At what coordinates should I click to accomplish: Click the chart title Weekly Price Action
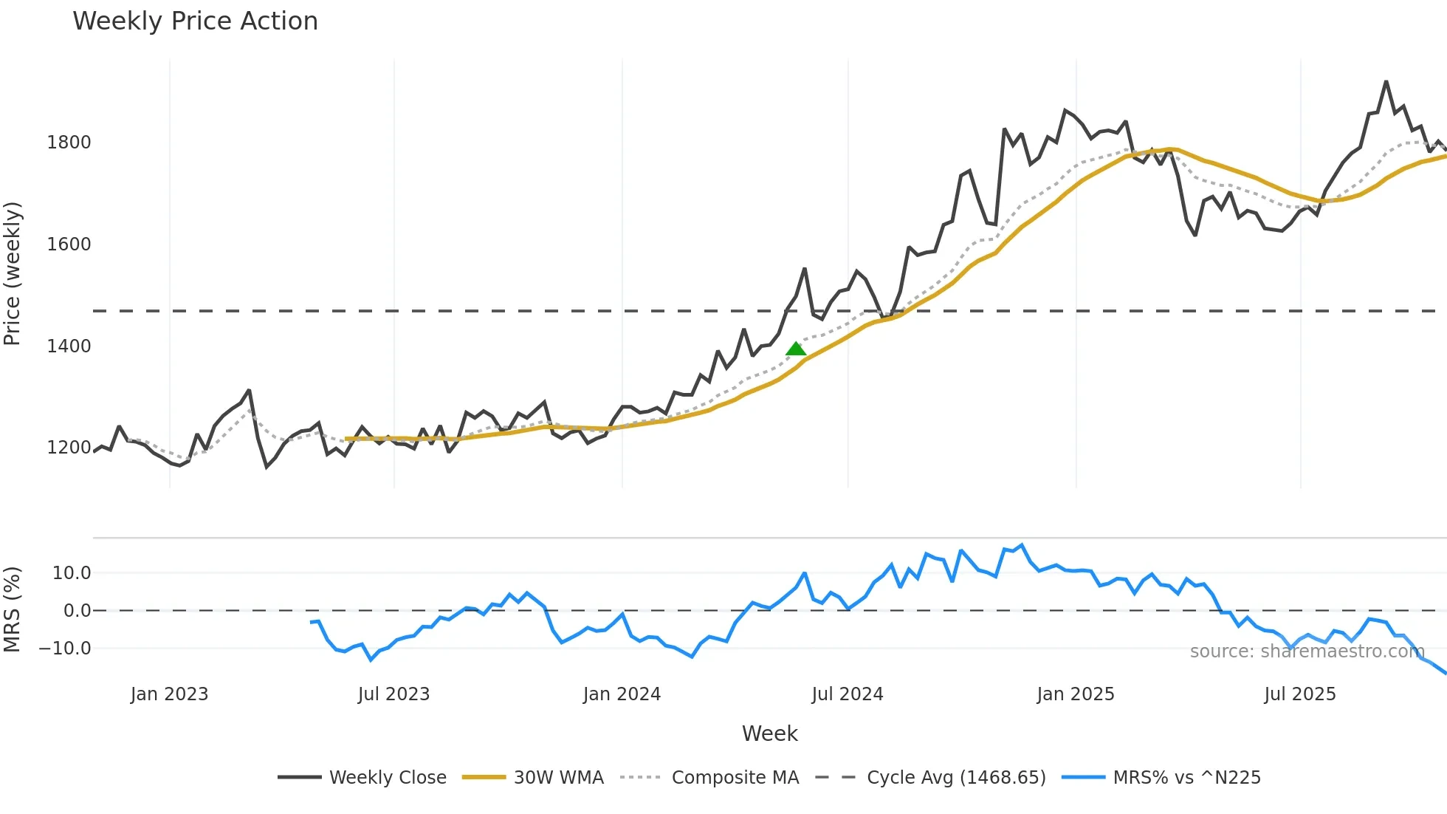(195, 21)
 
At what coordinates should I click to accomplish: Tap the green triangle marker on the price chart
(796, 349)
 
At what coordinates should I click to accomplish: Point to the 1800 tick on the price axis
(69, 142)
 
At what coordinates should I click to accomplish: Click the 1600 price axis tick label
(69, 244)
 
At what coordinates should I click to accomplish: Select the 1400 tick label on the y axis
(69, 346)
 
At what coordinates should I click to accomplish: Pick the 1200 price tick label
(69, 448)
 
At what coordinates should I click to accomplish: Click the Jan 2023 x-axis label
(169, 694)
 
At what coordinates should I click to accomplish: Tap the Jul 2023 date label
(393, 694)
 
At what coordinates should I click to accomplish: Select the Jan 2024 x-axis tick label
(622, 694)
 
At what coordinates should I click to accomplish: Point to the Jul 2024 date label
(848, 694)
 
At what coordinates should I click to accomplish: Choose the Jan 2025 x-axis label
(1076, 694)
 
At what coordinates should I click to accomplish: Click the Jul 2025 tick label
(1300, 694)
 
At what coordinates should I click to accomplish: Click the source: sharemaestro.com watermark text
(1307, 651)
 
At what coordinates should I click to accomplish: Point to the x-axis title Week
(769, 733)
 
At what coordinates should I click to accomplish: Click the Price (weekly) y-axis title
(13, 273)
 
